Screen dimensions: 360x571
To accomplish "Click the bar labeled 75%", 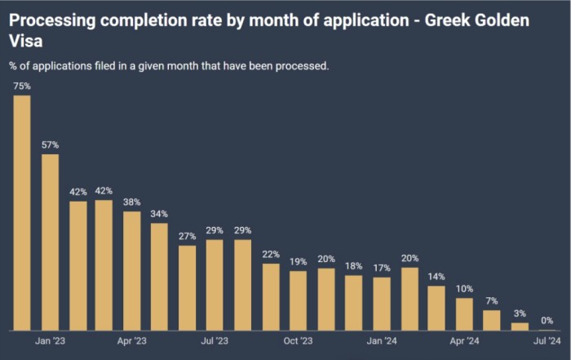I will [x=22, y=213].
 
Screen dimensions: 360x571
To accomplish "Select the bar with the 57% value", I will [x=50, y=242].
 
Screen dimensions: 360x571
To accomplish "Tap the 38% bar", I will [x=132, y=271].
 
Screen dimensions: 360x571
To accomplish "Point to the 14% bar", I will [x=436, y=309].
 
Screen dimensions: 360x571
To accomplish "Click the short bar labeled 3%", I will [x=520, y=327].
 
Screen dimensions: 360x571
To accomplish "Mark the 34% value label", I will [x=159, y=215].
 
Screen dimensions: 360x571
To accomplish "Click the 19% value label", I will [x=298, y=262].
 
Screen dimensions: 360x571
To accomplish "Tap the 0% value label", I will [x=547, y=321].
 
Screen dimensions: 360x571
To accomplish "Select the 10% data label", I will [x=464, y=289].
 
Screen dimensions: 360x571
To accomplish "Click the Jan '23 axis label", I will [x=50, y=340].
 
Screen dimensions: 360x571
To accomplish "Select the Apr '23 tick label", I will [x=132, y=340].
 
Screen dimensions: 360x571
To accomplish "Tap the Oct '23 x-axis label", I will [x=298, y=340].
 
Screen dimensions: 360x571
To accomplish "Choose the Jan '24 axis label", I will [x=381, y=340].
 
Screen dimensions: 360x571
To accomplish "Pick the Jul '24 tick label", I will [x=547, y=340].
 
